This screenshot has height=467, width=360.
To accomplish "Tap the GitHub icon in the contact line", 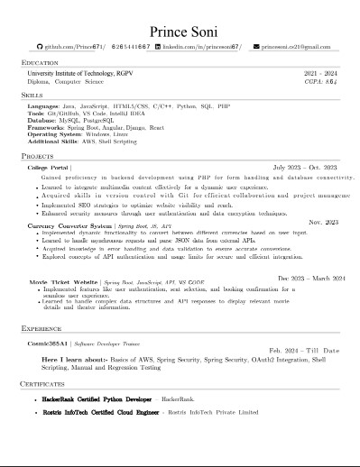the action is (x=39, y=45).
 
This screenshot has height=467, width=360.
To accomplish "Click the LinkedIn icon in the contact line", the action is (x=156, y=45).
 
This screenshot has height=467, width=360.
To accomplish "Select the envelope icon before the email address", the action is (x=256, y=45).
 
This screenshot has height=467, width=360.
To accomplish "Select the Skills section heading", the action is (x=32, y=94).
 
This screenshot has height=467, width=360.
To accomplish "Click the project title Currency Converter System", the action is (x=70, y=225).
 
